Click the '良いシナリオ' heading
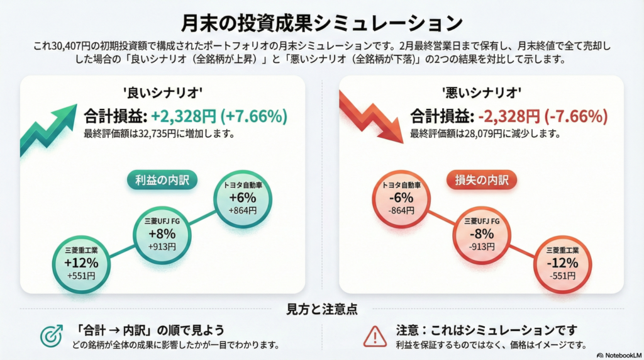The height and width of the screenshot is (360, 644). coord(162,91)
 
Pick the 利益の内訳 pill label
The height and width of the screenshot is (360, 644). coord(162,180)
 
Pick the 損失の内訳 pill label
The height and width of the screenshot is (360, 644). coord(482,180)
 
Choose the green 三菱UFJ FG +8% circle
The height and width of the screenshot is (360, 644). coord(162,233)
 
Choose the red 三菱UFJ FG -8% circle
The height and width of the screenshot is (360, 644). coord(482,233)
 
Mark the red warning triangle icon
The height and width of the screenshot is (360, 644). coord(375,337)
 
